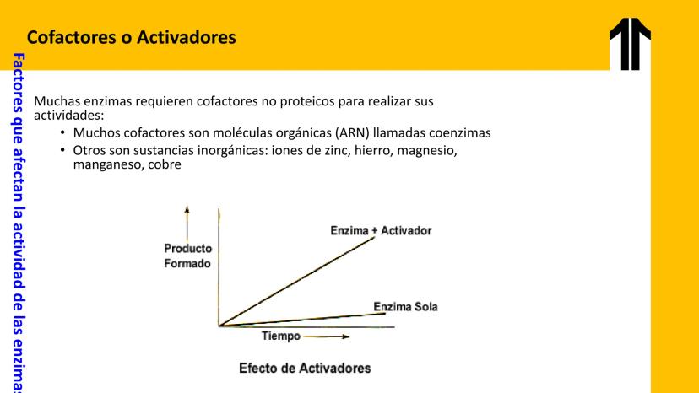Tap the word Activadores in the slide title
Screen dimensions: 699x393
click(187, 37)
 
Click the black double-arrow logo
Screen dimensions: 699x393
click(630, 44)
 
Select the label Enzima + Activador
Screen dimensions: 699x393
click(381, 231)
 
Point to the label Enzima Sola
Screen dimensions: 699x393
click(406, 307)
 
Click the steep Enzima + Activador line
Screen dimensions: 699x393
click(297, 282)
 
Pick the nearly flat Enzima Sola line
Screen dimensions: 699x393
click(302, 320)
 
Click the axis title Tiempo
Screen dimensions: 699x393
click(281, 336)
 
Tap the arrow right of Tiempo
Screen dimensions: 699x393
click(327, 336)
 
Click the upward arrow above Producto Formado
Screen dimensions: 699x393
click(187, 224)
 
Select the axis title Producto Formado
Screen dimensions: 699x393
click(187, 256)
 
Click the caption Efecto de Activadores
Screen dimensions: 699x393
click(305, 368)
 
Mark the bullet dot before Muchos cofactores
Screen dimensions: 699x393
click(62, 132)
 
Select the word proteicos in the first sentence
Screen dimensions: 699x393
click(307, 101)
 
